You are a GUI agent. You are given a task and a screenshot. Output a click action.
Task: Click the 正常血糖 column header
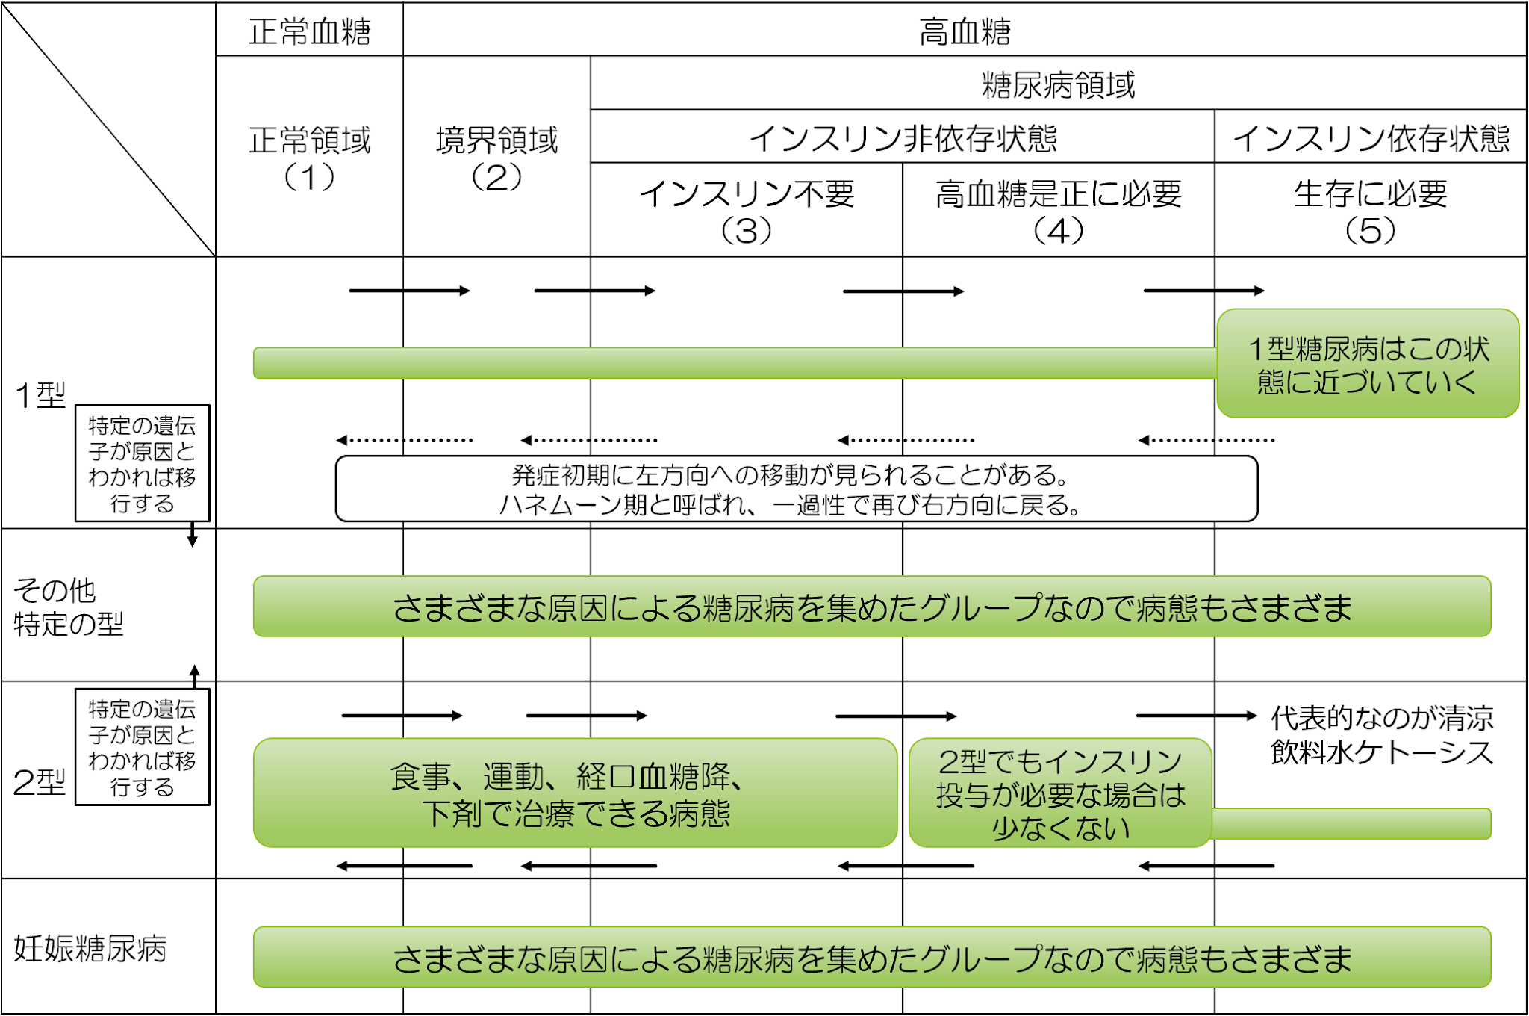(x=309, y=31)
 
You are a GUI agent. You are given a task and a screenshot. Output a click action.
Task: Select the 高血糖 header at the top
(x=964, y=31)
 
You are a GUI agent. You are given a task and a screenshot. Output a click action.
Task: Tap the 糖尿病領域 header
(x=1058, y=84)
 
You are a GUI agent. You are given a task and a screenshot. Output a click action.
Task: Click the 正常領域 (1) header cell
(x=309, y=157)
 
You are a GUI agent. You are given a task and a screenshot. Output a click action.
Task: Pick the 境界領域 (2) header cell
(x=496, y=157)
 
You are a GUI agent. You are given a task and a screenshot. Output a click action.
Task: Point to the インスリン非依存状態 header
(x=902, y=138)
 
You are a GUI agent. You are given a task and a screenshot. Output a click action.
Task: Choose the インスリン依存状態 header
(x=1371, y=138)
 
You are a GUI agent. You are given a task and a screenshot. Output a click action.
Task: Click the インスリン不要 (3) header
(x=747, y=211)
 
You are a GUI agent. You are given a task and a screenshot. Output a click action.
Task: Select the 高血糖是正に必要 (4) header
(x=1058, y=211)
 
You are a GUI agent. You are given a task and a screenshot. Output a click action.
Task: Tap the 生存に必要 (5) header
(x=1371, y=211)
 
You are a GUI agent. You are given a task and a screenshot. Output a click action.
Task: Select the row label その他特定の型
(x=67, y=607)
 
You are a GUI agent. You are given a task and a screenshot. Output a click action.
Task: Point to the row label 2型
(x=39, y=782)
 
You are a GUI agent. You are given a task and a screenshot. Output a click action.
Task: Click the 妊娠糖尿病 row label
(x=90, y=949)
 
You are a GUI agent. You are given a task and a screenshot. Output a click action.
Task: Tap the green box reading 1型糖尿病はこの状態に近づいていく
(x=1368, y=364)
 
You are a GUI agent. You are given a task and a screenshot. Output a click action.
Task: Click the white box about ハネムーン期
(x=796, y=489)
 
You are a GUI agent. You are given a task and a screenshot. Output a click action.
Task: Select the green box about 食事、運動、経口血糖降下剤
(x=575, y=793)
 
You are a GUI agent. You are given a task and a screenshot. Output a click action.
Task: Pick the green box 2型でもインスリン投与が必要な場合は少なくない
(x=1060, y=793)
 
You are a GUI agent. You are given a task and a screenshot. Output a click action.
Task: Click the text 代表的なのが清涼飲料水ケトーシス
(x=1381, y=735)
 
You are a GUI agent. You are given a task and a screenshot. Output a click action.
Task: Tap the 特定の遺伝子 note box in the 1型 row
(x=142, y=463)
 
